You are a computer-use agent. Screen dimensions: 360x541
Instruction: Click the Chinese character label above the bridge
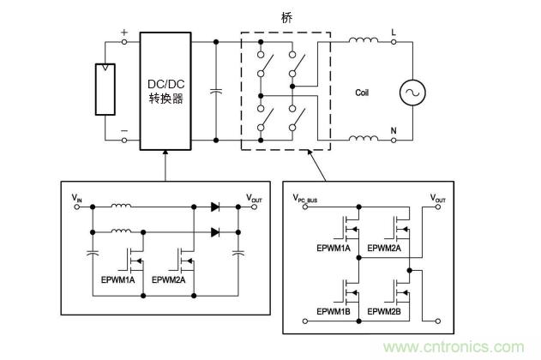(286, 16)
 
